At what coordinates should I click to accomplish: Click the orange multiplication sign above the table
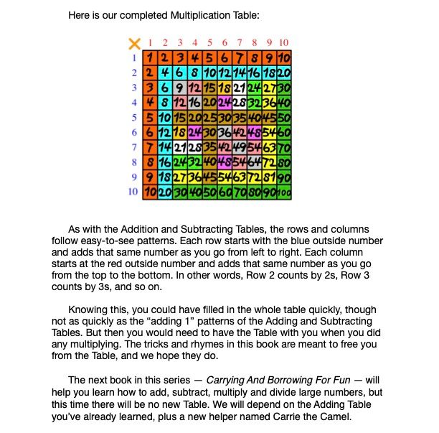133,43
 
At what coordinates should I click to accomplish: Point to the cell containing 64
253,162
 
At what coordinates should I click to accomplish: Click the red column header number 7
240,43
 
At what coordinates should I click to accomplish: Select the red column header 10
283,43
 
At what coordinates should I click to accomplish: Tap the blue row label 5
133,118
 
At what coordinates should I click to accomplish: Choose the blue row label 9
133,177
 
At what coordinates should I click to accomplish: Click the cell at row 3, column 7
238,88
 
